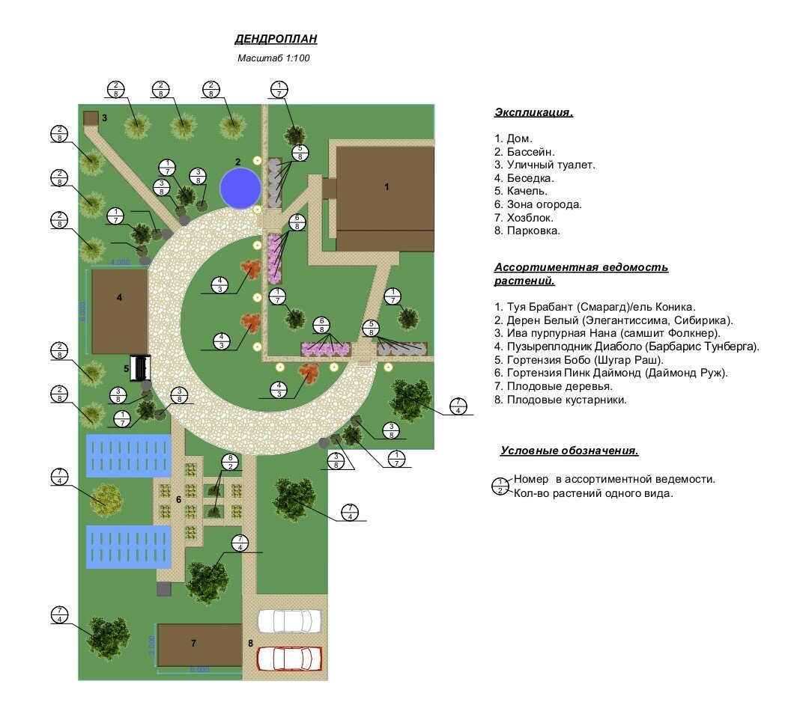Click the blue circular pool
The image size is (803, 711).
[240, 188]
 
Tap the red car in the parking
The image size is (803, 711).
[289, 658]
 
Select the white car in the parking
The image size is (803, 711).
[289, 620]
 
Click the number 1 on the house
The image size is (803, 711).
[387, 187]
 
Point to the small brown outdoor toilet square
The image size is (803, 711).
[91, 118]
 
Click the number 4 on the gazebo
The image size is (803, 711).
[120, 297]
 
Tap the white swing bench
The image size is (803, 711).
[141, 367]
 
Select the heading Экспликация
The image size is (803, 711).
[533, 113]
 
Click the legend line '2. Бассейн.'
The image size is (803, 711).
[526, 152]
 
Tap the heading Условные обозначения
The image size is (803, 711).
[569, 451]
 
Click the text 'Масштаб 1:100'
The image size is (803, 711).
[273, 58]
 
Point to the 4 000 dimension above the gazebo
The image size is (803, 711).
[120, 263]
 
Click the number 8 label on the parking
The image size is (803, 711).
[250, 643]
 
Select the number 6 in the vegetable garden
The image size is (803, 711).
[178, 499]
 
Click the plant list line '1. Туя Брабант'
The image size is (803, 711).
[595, 306]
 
